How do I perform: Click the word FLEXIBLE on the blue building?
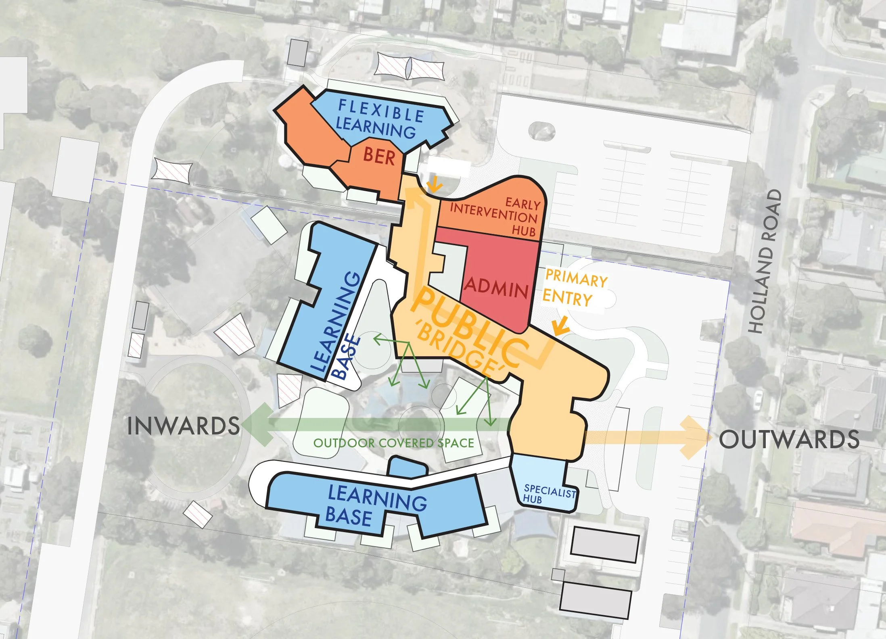point(381,111)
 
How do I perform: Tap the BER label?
point(379,156)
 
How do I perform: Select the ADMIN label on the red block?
point(496,288)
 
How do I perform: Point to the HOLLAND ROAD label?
point(765,262)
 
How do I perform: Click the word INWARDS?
point(183,426)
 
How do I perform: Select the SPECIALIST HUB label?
point(549,494)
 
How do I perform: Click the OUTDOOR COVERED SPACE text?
point(393,443)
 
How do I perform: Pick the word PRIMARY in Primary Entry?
point(576,279)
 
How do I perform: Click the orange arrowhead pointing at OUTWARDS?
point(696,437)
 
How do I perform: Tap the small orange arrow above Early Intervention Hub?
point(434,186)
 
